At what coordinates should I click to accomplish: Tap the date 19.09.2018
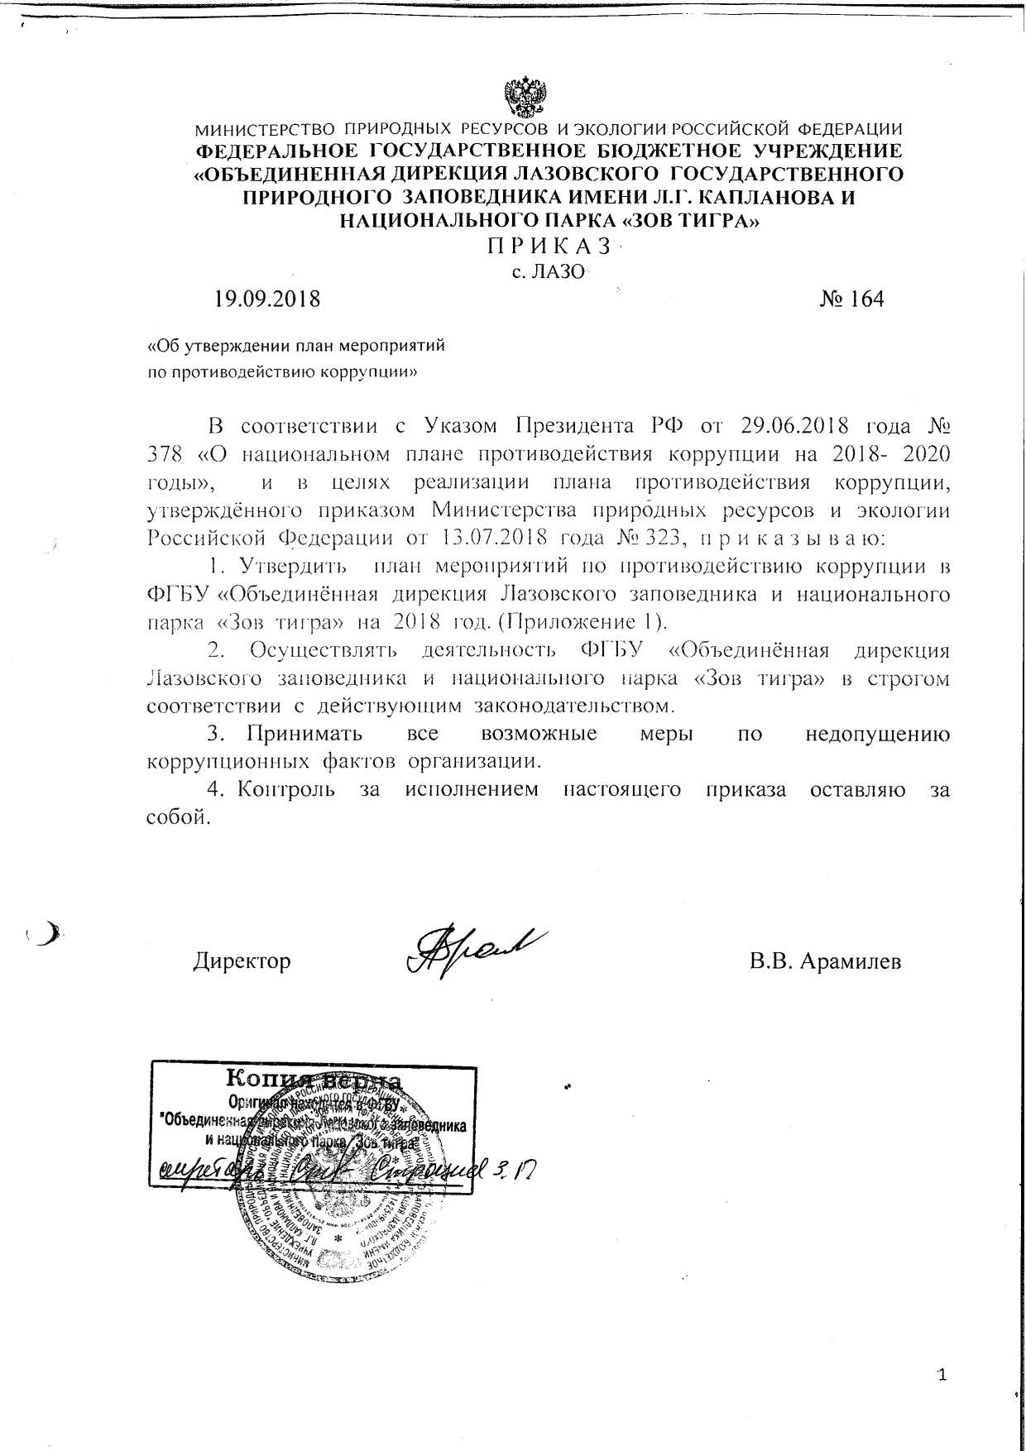(x=267, y=299)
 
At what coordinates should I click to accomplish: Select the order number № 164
(x=851, y=299)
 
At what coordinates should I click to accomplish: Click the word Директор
(x=242, y=961)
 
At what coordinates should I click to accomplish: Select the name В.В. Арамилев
(x=825, y=961)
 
